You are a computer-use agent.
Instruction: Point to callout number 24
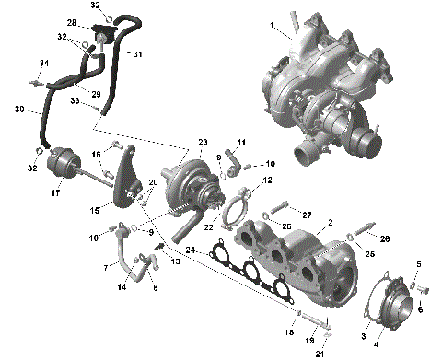[x=191, y=249]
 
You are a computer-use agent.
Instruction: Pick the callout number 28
[x=72, y=22]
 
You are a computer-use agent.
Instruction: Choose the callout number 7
[x=106, y=267]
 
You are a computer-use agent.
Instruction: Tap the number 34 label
[x=42, y=63]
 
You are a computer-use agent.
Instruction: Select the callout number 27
[x=308, y=214]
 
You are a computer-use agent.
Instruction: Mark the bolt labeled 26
[x=370, y=226]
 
